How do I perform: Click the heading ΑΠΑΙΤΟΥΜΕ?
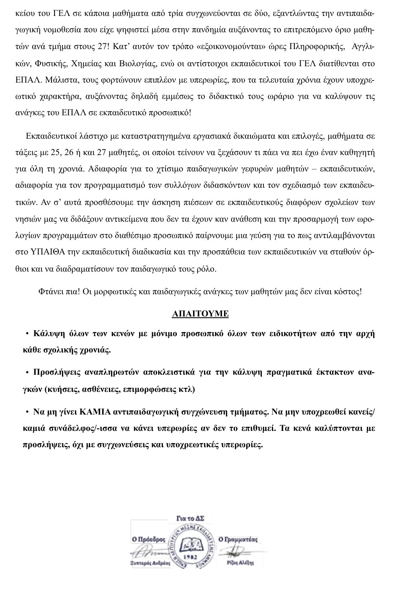pos(200,314)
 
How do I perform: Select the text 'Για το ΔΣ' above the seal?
pos(191,518)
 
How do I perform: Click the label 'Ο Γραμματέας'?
pos(238,539)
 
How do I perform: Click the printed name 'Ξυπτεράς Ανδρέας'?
pos(150,563)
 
